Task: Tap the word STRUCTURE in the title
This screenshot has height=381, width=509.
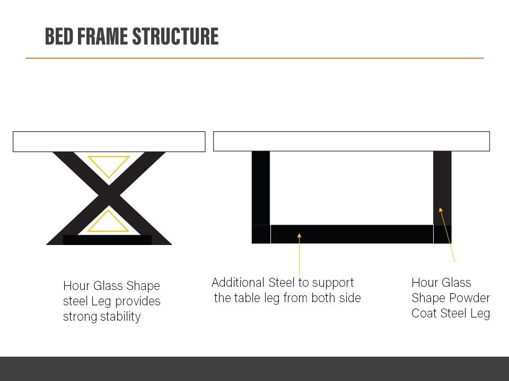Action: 175,36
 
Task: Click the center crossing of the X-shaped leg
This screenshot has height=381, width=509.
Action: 108,195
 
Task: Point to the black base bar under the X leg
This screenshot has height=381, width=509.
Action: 107,240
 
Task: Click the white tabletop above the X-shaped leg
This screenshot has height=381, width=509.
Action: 109,142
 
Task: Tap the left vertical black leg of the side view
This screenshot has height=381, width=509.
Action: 261,188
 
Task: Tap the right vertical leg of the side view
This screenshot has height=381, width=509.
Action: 442,188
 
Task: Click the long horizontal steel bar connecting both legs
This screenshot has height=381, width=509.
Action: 352,234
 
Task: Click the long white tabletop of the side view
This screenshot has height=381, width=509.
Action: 352,141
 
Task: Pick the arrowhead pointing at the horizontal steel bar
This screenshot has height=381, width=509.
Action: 299,235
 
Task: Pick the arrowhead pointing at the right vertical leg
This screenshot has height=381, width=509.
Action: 441,210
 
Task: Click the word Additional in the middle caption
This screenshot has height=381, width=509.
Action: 238,283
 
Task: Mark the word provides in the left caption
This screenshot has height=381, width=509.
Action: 138,302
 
